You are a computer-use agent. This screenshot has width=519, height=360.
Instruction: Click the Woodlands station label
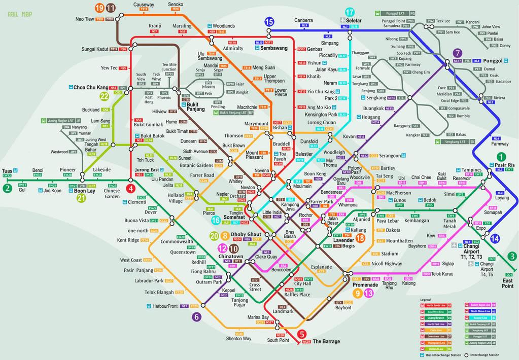[224, 26]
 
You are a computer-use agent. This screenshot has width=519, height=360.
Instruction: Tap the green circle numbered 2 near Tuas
[7, 188]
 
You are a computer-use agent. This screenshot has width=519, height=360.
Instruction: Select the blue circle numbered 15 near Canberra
[269, 21]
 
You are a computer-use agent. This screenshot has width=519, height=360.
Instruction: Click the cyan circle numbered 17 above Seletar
[350, 13]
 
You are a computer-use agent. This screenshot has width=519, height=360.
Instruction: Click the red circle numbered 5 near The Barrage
[302, 334]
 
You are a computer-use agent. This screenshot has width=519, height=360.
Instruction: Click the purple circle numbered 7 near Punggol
[458, 53]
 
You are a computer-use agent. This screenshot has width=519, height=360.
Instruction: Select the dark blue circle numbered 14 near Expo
[495, 238]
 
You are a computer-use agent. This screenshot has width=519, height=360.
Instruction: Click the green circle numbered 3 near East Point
[512, 256]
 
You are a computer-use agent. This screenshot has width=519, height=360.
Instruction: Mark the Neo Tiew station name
[85, 19]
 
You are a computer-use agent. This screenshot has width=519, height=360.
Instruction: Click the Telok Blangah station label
[159, 293]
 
